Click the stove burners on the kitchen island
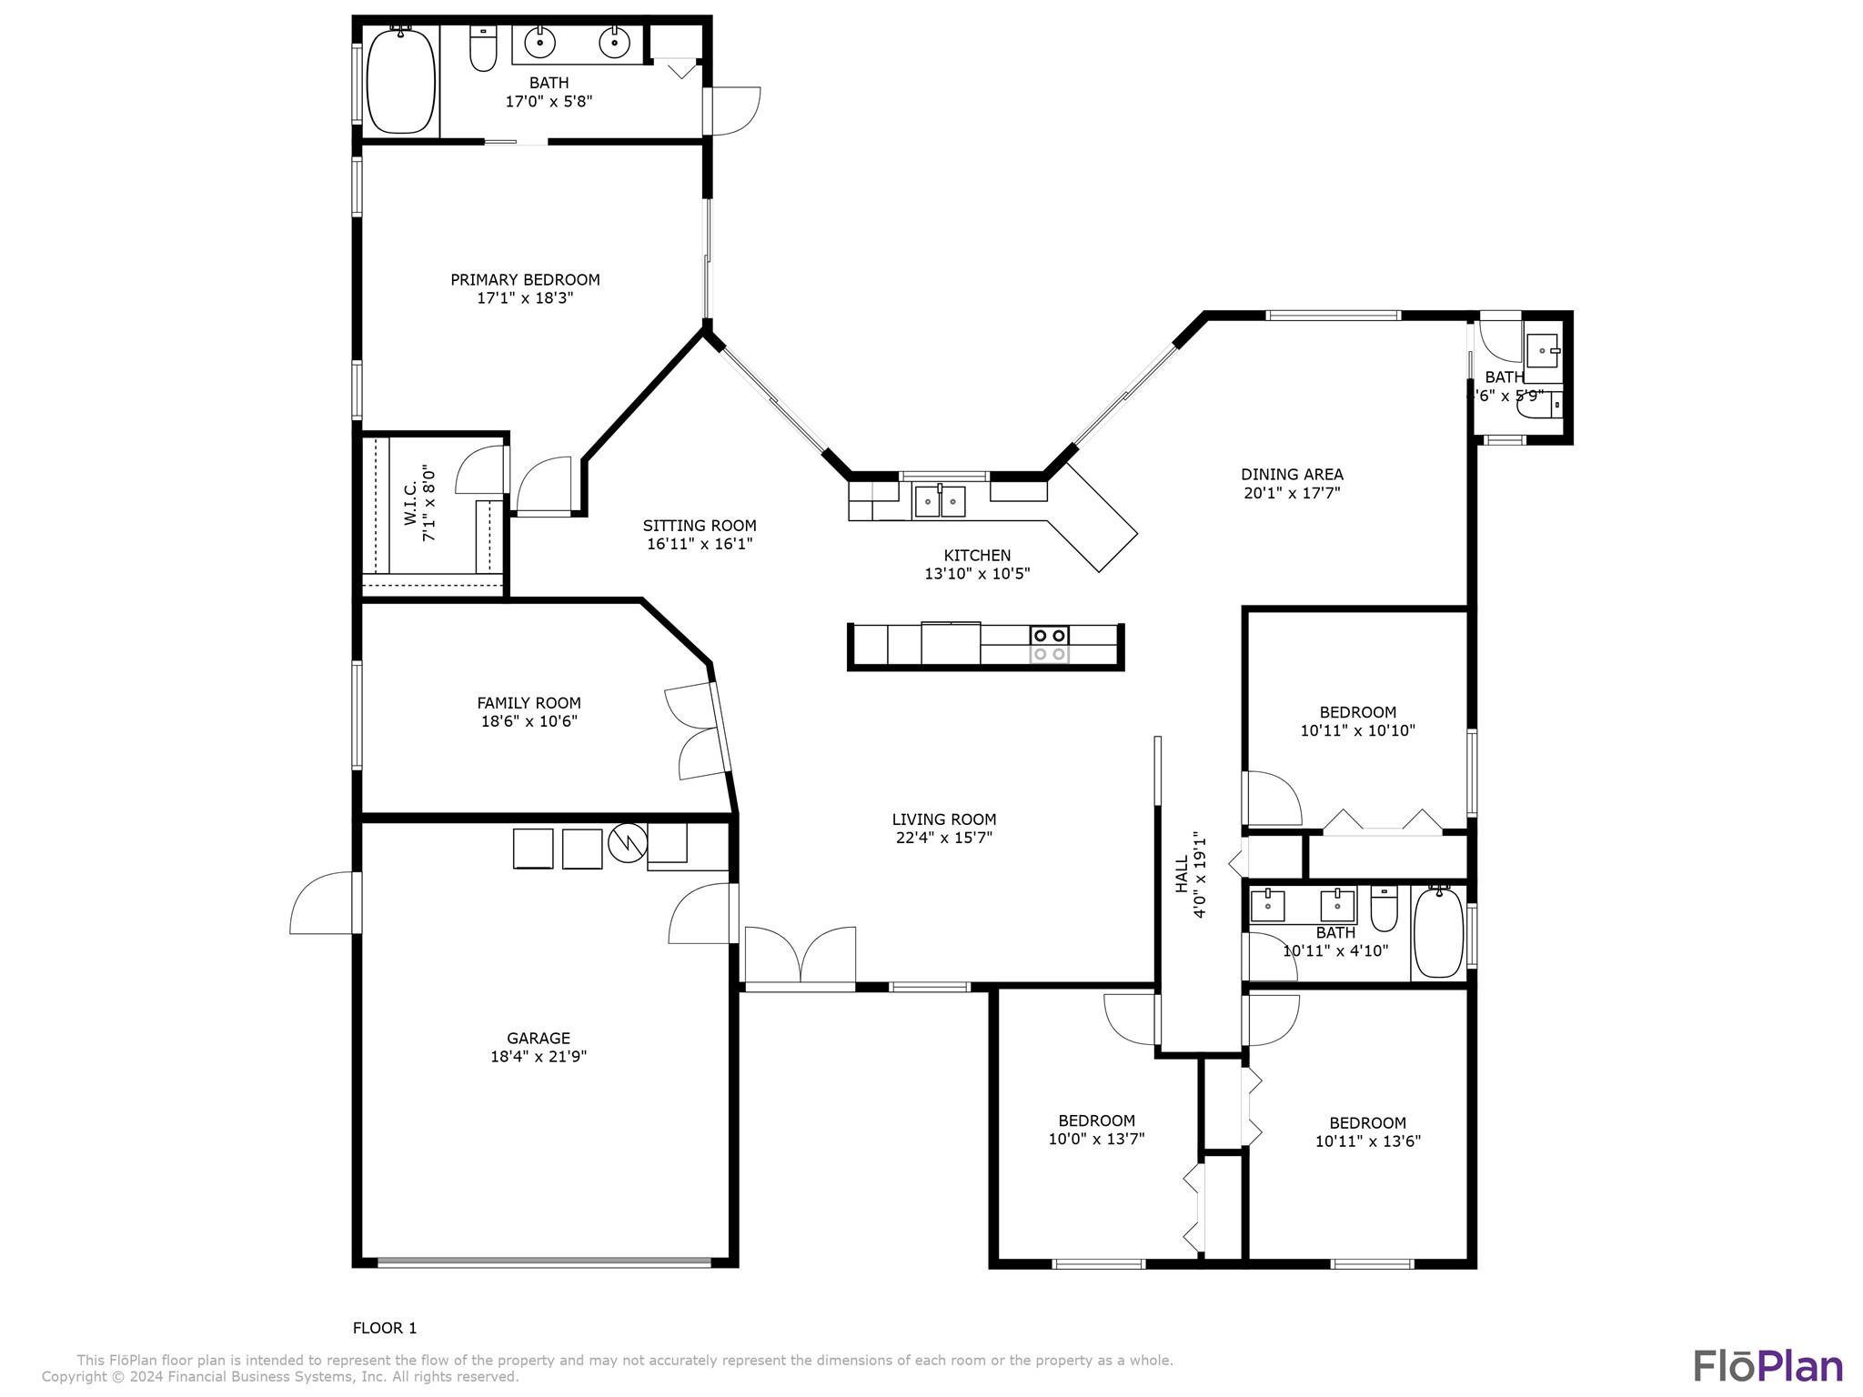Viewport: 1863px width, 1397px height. point(1049,644)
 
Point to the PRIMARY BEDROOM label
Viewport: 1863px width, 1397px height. point(525,280)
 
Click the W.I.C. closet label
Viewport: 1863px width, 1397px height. point(410,503)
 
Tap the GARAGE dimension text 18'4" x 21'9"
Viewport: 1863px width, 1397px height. point(539,1057)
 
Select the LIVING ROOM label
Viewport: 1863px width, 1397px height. point(943,819)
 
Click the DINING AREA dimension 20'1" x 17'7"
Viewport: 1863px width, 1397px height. point(1292,493)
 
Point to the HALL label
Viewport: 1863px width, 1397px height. point(1182,874)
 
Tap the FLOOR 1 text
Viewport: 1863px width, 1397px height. point(385,1328)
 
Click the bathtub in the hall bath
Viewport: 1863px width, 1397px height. point(1439,932)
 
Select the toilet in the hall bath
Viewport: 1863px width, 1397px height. point(1384,909)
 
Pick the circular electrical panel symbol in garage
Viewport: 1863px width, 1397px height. point(628,843)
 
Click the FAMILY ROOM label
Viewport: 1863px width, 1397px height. point(529,703)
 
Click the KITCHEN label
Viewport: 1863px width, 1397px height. point(977,556)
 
